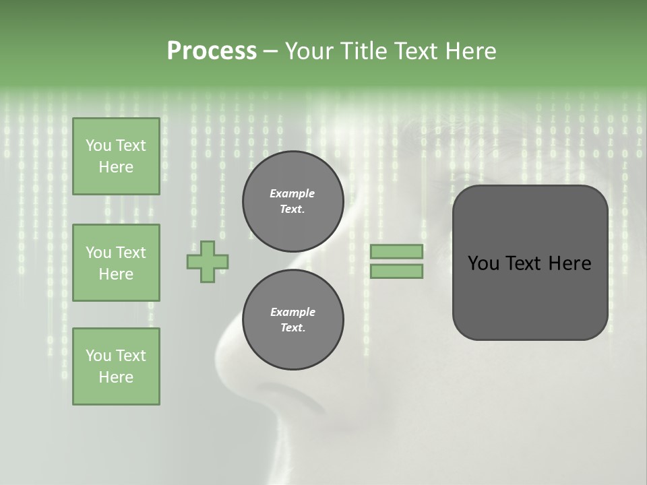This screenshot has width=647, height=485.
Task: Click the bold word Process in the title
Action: click(212, 51)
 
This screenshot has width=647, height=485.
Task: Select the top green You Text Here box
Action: click(116, 156)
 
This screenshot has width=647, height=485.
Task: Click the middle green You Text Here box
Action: click(116, 263)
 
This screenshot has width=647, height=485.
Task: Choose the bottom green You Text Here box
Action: click(116, 366)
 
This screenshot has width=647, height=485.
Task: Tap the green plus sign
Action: click(208, 261)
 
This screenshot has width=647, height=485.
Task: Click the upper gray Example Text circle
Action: click(292, 201)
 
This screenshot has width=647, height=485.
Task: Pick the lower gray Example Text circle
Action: click(292, 320)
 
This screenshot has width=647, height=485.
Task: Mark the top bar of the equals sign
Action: click(396, 251)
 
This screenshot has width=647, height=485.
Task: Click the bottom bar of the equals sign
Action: click(396, 271)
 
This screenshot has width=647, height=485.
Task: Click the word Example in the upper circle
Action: click(292, 193)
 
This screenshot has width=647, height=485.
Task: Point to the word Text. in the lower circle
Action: click(292, 328)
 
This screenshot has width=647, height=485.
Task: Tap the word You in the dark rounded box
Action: click(483, 263)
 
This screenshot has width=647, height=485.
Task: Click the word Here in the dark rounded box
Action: click(569, 263)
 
